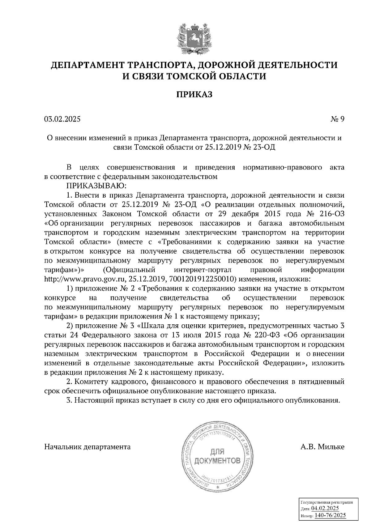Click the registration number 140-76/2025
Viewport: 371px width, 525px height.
pyautogui.click(x=330, y=515)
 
